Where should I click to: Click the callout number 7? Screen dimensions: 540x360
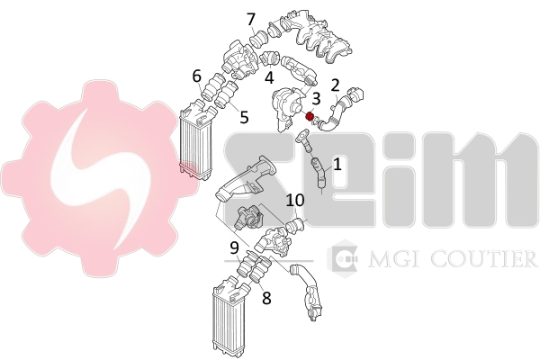click(251, 20)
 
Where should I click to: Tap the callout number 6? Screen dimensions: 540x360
click(196, 76)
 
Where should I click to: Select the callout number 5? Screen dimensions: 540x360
click(244, 117)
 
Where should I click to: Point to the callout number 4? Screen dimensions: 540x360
click(269, 77)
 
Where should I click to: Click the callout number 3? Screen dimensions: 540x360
click(316, 98)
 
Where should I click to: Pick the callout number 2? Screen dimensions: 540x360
click(335, 85)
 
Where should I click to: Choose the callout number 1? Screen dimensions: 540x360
click(337, 164)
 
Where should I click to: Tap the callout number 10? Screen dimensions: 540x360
click(295, 201)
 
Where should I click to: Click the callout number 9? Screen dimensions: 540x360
click(235, 247)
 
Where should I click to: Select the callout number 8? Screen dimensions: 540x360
click(266, 297)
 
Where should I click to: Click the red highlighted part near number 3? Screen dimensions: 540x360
click(310, 116)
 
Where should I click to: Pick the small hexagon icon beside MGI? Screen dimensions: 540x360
click(342, 258)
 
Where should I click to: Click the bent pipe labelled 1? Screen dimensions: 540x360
click(318, 172)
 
